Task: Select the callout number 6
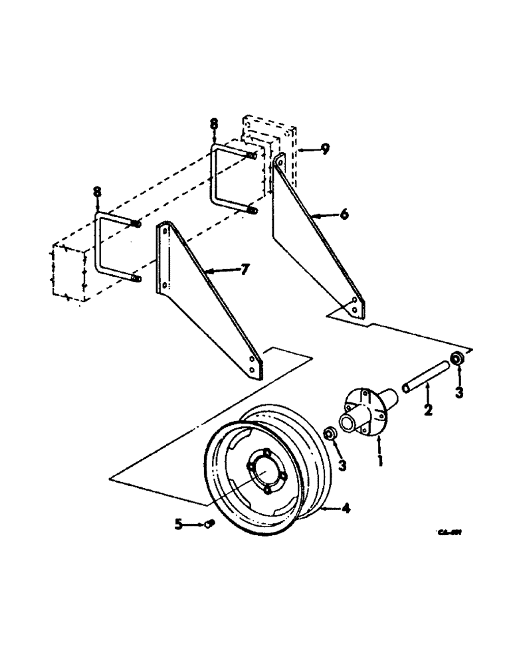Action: point(344,214)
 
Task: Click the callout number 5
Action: point(179,524)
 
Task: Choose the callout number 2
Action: point(429,410)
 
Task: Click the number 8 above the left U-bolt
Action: point(98,193)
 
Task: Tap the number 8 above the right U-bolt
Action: point(213,124)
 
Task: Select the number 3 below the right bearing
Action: point(459,393)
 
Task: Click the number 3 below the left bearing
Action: point(342,465)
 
